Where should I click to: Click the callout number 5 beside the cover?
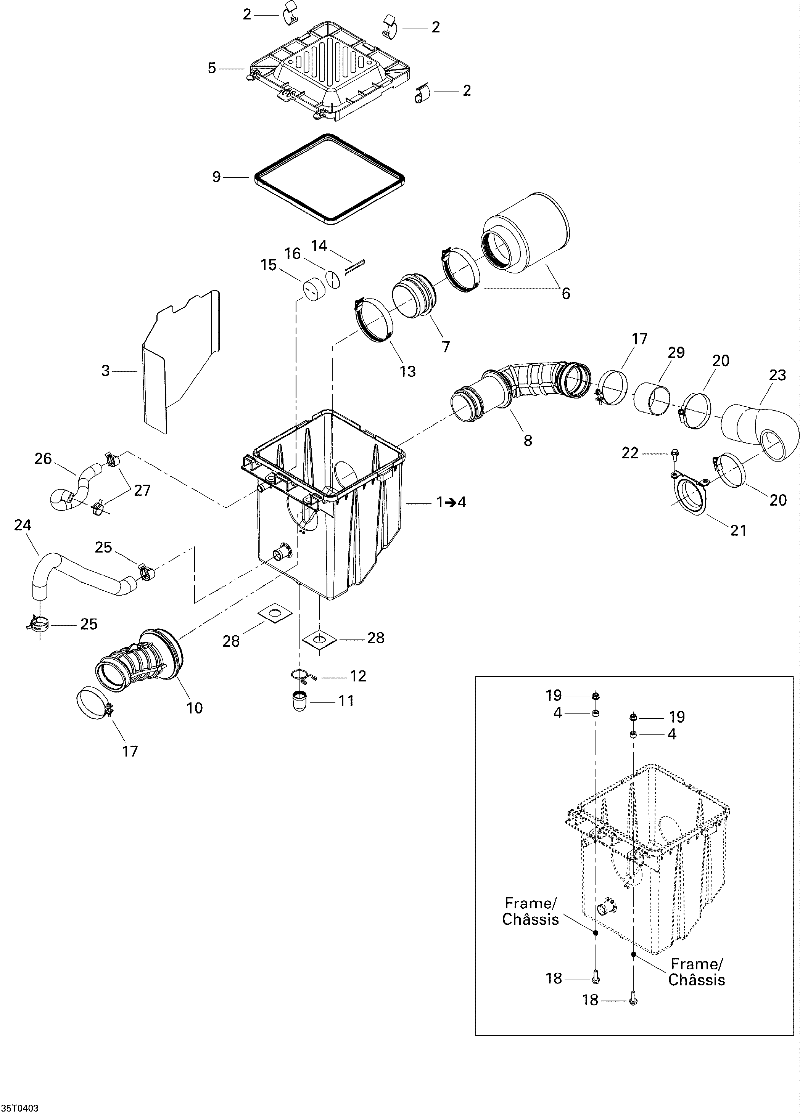[x=211, y=68]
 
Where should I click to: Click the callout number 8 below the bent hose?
[x=528, y=440]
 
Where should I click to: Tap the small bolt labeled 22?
[x=674, y=452]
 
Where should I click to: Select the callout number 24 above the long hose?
[x=23, y=525]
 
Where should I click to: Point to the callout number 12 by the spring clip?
[x=358, y=676]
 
